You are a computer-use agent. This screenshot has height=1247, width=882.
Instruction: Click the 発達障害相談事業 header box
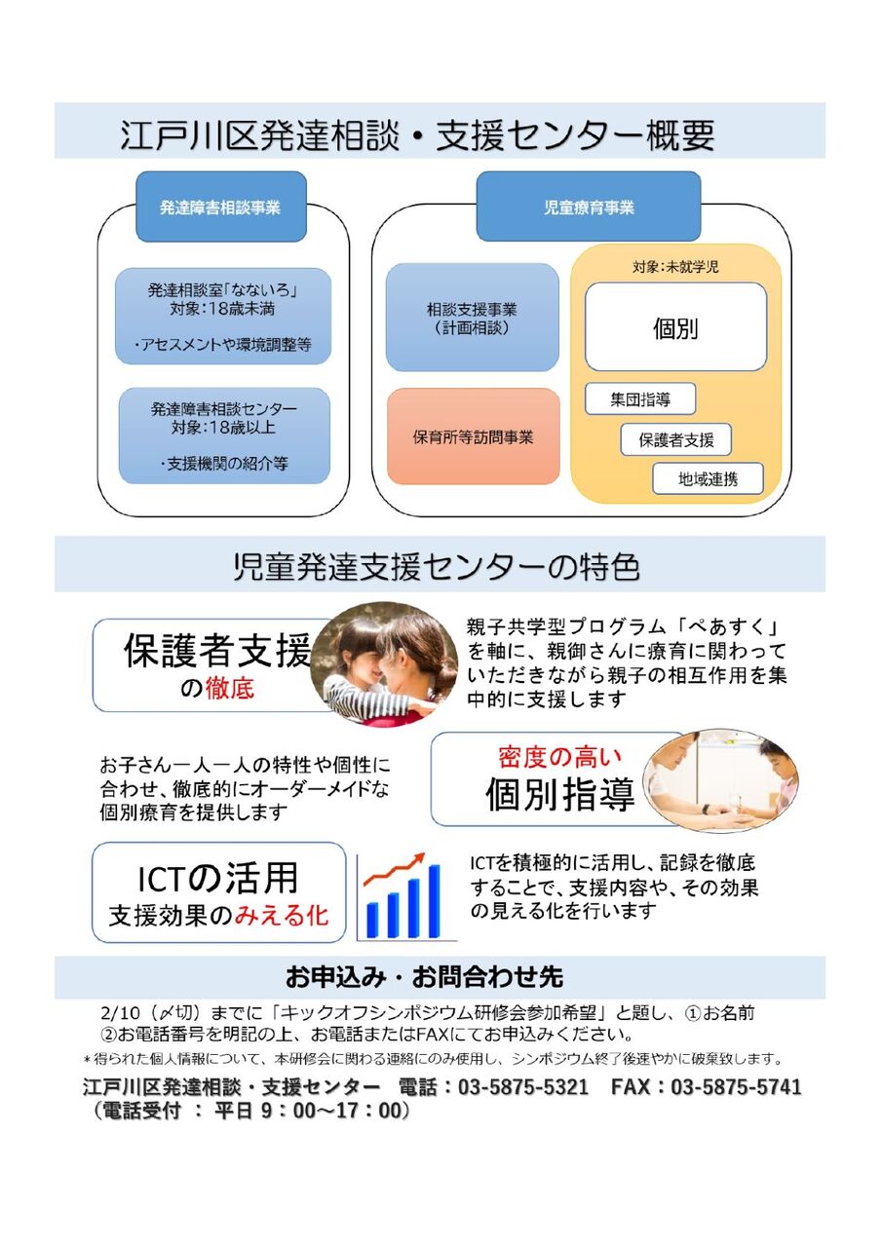click(x=220, y=208)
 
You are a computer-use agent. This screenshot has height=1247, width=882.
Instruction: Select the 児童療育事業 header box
click(x=588, y=208)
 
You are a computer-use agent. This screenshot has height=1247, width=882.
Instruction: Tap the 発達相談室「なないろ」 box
click(x=223, y=316)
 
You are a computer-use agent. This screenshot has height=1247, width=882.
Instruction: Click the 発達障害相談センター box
click(x=223, y=435)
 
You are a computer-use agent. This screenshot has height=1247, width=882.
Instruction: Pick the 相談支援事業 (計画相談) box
click(x=472, y=318)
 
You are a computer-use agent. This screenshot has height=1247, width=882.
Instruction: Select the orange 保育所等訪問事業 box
click(x=473, y=436)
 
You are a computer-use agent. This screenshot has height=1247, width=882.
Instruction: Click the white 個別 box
click(x=674, y=327)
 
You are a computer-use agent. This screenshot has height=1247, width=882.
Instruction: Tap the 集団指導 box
click(x=640, y=399)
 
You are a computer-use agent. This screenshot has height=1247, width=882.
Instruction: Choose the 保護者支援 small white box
click(x=675, y=439)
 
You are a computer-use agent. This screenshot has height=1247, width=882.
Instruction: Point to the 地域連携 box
click(x=708, y=478)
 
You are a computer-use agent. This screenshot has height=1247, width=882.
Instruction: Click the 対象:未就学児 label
click(x=674, y=266)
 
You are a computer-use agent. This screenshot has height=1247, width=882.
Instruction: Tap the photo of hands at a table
click(x=720, y=779)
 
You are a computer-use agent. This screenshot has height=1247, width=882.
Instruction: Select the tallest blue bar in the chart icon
click(x=434, y=901)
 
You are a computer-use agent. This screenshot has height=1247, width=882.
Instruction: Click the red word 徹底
click(x=230, y=689)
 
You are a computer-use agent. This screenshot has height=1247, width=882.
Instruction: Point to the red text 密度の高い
click(x=559, y=757)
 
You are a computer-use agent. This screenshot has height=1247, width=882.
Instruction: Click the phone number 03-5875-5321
click(x=523, y=1087)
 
